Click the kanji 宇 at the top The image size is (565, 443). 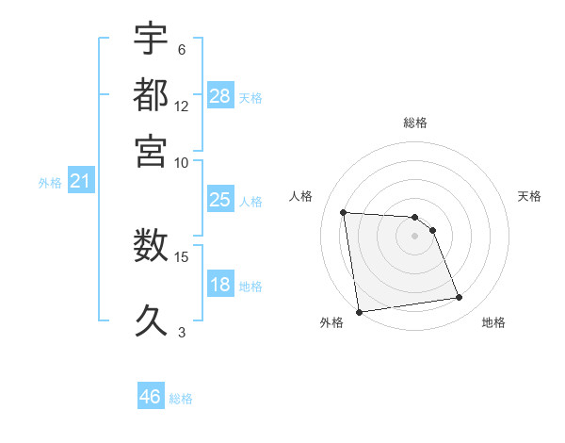click(151, 41)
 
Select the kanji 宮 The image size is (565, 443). click(151, 150)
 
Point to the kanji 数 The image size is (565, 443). click(151, 247)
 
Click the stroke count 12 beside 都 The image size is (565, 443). click(182, 106)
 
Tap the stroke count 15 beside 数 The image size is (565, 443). click(182, 256)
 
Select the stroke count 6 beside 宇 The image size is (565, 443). click(182, 50)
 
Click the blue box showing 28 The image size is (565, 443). click(219, 95)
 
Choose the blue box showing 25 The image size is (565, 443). click(219, 200)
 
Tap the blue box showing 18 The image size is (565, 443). click(219, 285)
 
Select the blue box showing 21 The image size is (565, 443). click(80, 181)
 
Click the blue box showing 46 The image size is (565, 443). click(151, 397)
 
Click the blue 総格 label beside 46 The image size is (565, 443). click(181, 399)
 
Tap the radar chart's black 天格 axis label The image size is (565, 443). click(529, 196)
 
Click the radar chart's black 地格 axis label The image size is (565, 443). click(493, 322)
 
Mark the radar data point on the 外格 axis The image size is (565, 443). click(359, 312)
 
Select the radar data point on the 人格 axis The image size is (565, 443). click(344, 212)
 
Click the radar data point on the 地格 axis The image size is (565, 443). click(459, 298)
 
